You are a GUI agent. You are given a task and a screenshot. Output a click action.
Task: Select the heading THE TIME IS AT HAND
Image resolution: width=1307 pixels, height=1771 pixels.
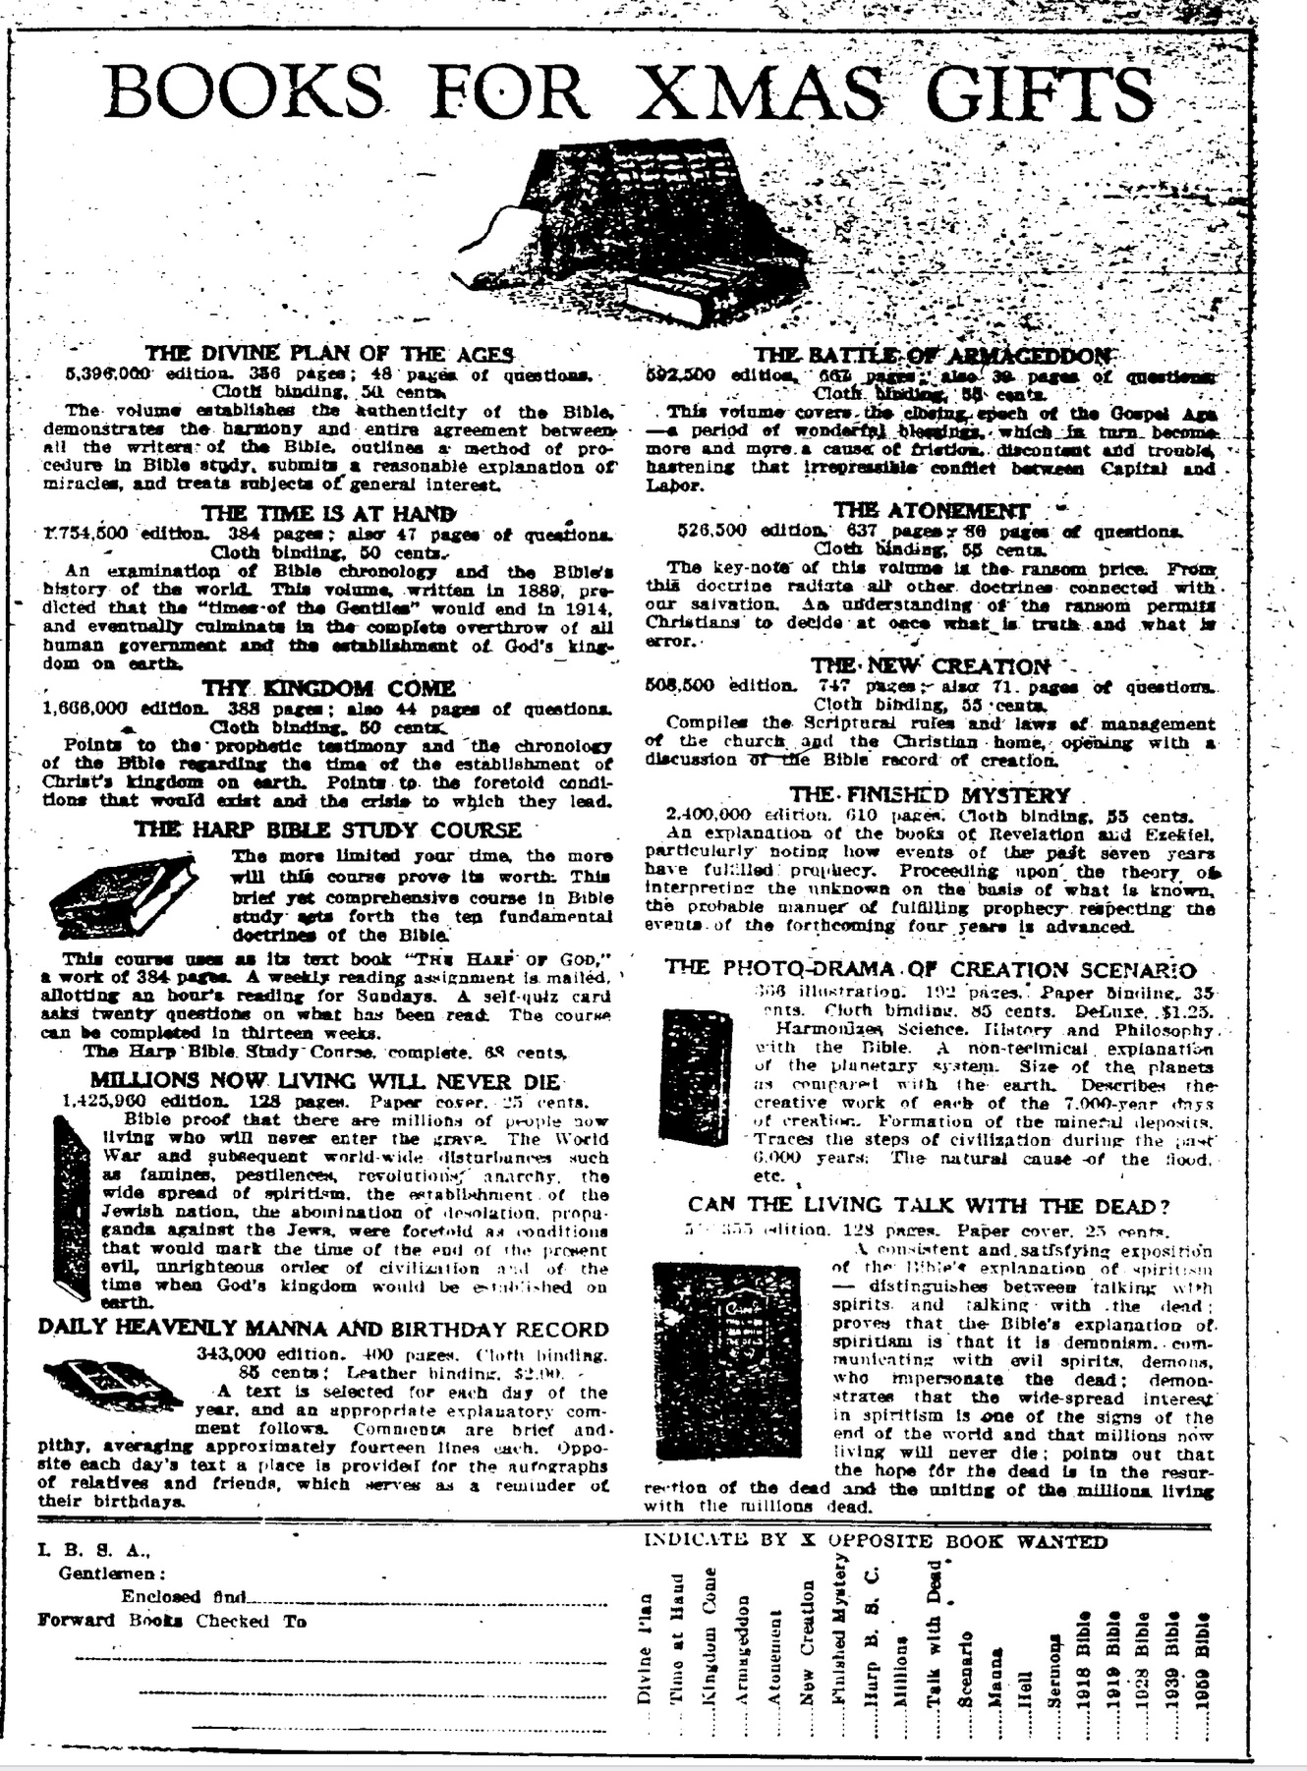click(328, 513)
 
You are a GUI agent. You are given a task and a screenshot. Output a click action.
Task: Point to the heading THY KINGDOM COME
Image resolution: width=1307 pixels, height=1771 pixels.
click(328, 688)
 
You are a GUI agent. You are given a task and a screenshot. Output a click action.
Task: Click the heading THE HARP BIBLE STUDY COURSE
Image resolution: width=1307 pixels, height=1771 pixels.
click(328, 830)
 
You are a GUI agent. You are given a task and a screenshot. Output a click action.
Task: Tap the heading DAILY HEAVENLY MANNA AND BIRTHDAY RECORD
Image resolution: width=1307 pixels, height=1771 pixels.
click(323, 1329)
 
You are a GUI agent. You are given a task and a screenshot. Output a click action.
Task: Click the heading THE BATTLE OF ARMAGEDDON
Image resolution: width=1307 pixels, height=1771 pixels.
click(934, 356)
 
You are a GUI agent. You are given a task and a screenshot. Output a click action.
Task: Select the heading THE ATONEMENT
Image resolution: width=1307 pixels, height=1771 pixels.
click(932, 511)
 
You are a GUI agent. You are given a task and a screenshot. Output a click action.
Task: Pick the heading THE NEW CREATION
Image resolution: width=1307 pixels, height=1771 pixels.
click(931, 666)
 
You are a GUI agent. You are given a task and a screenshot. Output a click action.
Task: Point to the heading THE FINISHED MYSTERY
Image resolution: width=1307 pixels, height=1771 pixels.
click(930, 794)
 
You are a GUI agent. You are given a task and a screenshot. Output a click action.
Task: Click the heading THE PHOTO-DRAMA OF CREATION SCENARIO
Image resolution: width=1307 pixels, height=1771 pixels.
click(930, 968)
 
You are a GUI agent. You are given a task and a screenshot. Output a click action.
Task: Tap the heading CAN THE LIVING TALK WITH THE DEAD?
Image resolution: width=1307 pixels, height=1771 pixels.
click(930, 1206)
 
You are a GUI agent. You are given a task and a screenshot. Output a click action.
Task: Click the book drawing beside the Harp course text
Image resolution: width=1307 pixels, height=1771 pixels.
click(124, 895)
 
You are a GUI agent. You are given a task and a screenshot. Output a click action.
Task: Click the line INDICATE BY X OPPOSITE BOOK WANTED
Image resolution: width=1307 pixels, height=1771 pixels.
click(875, 1541)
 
